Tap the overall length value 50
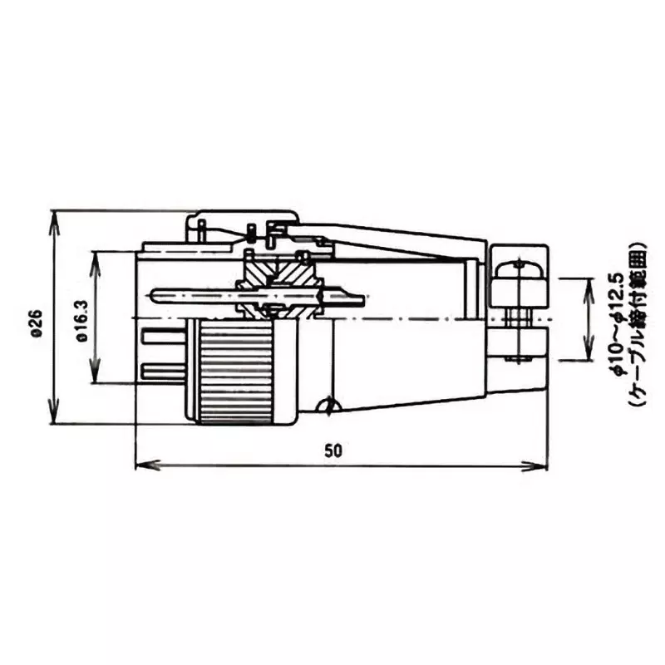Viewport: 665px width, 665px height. (332, 451)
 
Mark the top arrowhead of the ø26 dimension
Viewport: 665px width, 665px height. (55, 215)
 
